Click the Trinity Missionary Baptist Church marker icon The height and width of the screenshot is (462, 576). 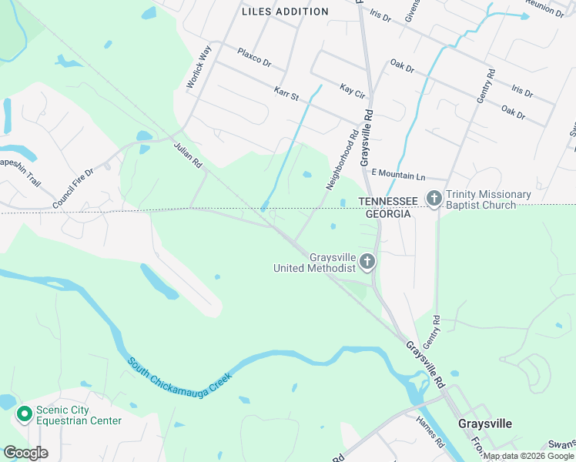click(x=434, y=199)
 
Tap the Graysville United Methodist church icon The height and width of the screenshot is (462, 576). click(x=367, y=263)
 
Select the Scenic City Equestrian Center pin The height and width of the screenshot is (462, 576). click(x=24, y=414)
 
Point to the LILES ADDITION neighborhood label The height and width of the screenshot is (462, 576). click(x=285, y=12)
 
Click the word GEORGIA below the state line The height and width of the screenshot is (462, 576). click(x=387, y=213)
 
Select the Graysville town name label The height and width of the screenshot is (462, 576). click(x=485, y=423)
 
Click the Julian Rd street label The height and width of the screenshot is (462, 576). click(x=187, y=154)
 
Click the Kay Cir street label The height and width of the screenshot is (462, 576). click(x=352, y=91)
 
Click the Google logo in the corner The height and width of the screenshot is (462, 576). click(x=25, y=453)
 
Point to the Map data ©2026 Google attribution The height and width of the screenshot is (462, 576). click(x=528, y=456)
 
